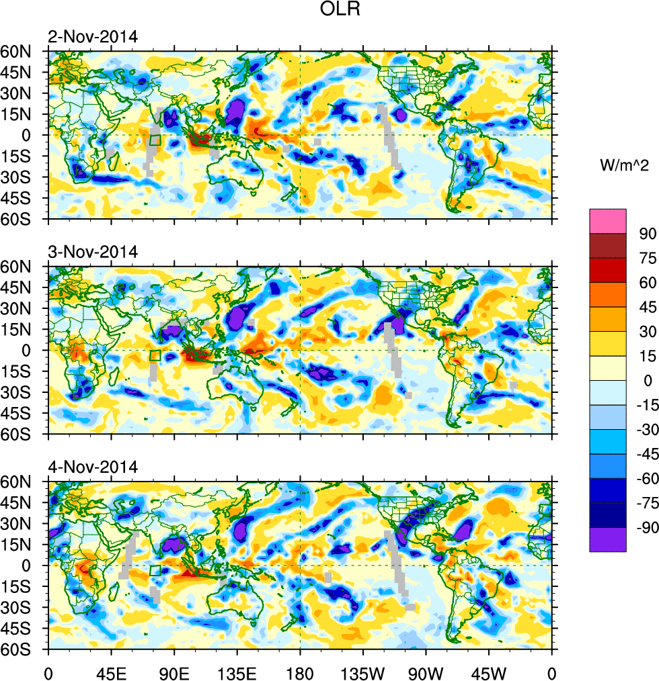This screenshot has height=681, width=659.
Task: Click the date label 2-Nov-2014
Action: point(93,38)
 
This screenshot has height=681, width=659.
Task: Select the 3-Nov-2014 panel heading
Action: point(93,253)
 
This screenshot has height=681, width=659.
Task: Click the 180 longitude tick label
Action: point(300,671)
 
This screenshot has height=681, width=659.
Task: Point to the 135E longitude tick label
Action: point(237,671)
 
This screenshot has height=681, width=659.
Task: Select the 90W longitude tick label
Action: point(426,671)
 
